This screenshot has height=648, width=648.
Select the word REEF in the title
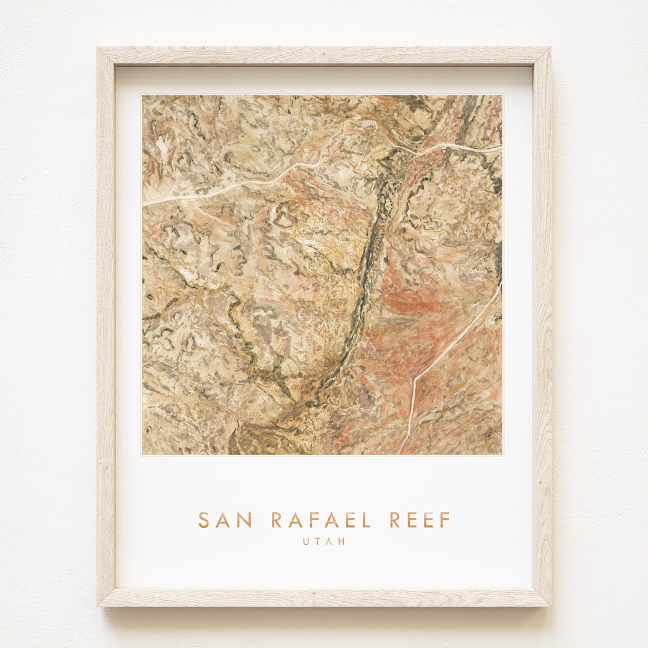419,520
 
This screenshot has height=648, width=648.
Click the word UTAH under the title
324,541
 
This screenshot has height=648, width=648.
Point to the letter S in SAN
204,520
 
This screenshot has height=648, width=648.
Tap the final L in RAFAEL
367,520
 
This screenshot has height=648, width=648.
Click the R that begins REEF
394,520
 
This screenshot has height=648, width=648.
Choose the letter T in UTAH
318,541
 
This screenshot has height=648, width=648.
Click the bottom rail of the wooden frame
324,597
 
